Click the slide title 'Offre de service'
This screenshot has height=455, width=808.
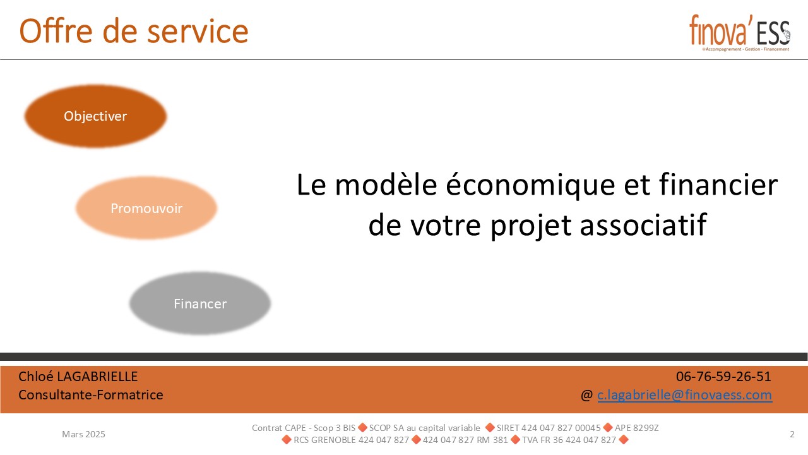click(x=134, y=31)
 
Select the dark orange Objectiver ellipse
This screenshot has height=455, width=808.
click(x=95, y=116)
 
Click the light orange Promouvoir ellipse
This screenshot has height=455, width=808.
click(x=146, y=208)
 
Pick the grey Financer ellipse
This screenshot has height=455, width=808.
click(x=200, y=303)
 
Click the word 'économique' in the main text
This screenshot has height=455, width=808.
click(x=530, y=186)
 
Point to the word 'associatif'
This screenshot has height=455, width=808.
click(x=643, y=224)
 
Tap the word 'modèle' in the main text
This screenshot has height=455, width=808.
click(x=386, y=185)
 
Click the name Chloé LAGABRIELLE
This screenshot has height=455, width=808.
click(x=78, y=377)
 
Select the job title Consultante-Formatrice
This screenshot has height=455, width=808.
click(x=90, y=395)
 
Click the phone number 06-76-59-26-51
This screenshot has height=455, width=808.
click(x=723, y=377)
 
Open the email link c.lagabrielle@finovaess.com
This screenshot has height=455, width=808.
click(x=685, y=395)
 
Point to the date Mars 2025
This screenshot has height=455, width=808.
click(x=84, y=434)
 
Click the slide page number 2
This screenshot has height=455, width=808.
click(x=792, y=434)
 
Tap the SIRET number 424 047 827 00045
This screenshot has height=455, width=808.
click(x=549, y=428)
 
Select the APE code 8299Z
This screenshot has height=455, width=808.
click(x=637, y=428)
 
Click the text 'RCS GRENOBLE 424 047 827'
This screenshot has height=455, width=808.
click(x=352, y=440)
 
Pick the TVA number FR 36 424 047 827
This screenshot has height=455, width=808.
click(x=569, y=440)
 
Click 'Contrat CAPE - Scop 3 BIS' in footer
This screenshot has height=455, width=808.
click(x=304, y=428)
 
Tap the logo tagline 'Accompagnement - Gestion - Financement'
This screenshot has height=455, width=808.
click(x=747, y=49)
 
